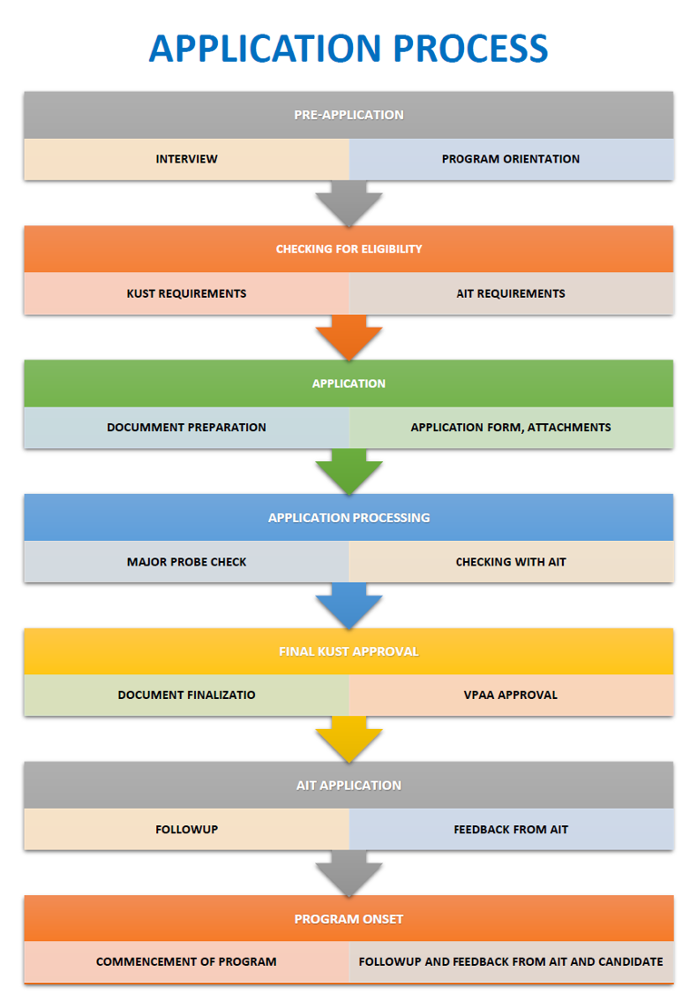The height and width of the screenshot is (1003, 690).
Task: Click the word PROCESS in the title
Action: point(470,49)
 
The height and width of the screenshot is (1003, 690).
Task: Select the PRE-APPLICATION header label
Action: point(349,115)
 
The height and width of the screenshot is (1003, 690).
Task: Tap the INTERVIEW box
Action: point(186,159)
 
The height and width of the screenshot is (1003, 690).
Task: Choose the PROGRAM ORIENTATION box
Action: point(511,159)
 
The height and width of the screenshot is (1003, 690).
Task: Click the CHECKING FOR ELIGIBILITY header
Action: point(349,249)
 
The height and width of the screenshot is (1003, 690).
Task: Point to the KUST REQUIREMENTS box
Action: point(186,293)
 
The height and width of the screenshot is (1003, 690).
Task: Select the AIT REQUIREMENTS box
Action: point(511,293)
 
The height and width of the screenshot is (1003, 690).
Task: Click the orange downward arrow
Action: point(349,337)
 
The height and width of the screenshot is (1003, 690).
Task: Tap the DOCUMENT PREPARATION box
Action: point(186,428)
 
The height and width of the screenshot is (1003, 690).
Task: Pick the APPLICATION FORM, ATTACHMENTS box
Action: point(511,428)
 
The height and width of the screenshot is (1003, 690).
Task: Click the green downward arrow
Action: point(349,471)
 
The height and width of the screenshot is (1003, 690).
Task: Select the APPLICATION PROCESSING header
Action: point(349,517)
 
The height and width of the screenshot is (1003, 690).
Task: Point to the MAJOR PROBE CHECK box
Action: point(186,562)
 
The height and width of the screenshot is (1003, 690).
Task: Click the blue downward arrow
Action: point(349,605)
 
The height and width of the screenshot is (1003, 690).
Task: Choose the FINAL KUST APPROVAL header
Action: point(349,651)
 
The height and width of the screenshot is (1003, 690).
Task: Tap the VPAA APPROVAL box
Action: point(511,695)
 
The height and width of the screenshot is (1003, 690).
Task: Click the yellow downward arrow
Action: point(349,739)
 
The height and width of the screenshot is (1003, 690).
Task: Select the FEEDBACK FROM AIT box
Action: point(511,830)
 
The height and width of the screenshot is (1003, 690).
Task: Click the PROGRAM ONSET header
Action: point(349,919)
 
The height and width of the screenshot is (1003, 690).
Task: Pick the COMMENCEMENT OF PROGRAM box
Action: point(186,962)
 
